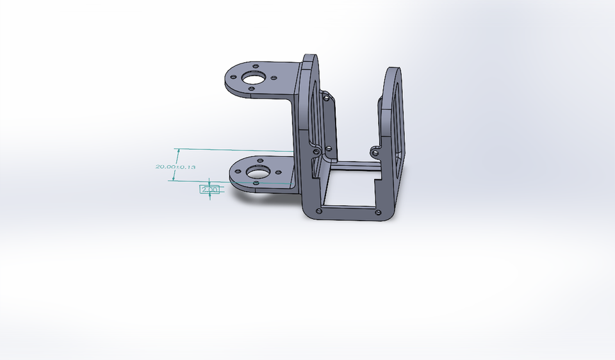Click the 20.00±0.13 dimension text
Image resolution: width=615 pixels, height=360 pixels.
click(175, 167)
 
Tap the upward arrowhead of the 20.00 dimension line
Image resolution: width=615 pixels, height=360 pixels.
click(177, 151)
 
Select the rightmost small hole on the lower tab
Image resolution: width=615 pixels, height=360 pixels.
click(279, 171)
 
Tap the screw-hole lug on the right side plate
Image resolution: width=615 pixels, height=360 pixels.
click(375, 152)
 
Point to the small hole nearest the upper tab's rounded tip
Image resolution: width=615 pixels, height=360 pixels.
click(256, 66)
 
